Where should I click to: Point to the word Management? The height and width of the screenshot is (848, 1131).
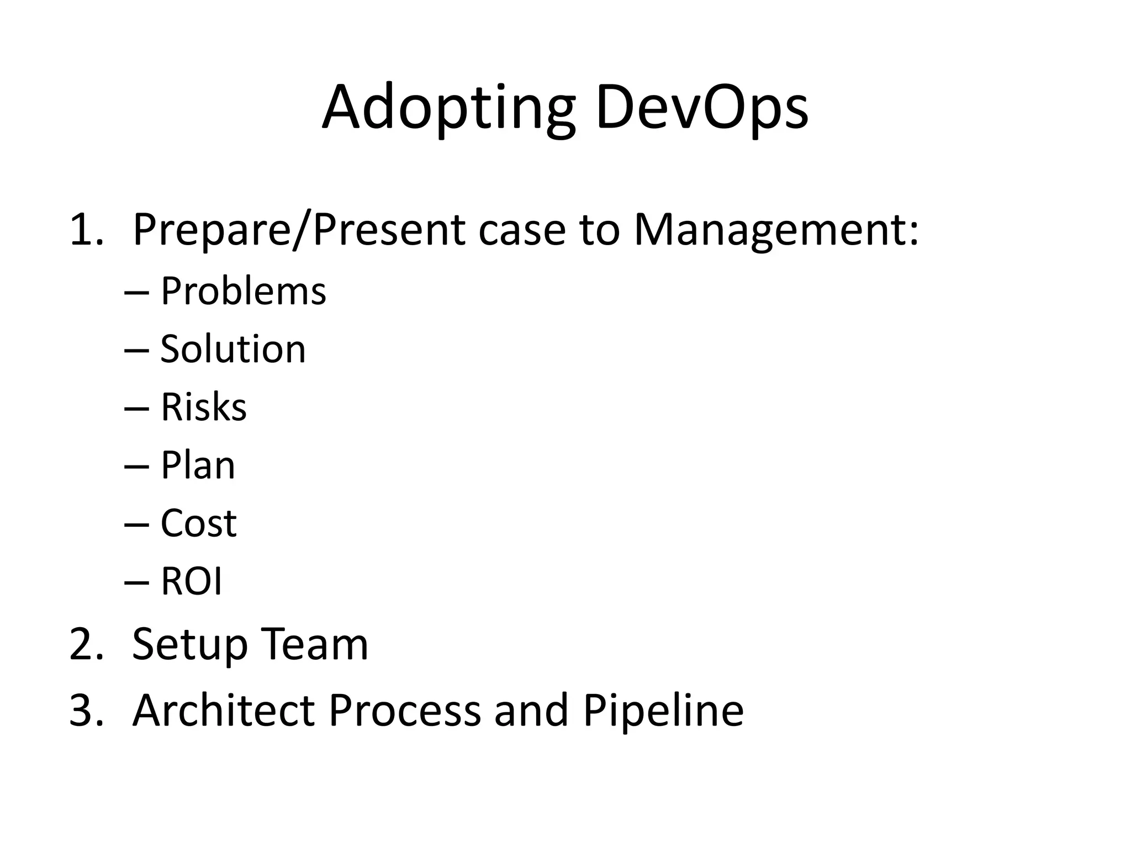[x=776, y=230]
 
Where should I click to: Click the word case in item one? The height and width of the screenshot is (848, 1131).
[x=522, y=230]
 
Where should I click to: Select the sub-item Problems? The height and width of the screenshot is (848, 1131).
[x=243, y=291]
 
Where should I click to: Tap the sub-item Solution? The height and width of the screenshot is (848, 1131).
[x=232, y=349]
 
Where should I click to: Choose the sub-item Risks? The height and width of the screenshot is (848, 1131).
[x=203, y=407]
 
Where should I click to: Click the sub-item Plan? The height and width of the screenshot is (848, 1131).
[x=198, y=465]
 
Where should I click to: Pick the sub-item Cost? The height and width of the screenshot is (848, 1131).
[x=198, y=523]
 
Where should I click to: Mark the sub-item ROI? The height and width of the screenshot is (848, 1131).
[x=191, y=581]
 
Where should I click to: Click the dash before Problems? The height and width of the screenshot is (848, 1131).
[x=137, y=293]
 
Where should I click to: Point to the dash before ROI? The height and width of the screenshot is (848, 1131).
[x=137, y=582]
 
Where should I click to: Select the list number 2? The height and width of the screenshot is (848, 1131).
[x=86, y=644]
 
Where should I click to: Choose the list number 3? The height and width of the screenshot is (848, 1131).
[x=86, y=710]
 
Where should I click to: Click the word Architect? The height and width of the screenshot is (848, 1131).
[x=223, y=710]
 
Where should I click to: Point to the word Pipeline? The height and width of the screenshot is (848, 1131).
[x=663, y=710]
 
